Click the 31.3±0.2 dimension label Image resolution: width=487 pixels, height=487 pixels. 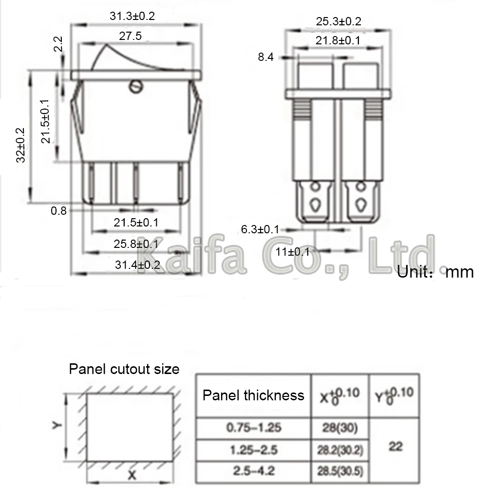point(132,16)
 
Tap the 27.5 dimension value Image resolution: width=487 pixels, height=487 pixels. point(130,36)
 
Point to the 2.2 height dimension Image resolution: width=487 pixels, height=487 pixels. point(58,44)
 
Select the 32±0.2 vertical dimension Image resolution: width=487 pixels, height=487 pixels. point(20,145)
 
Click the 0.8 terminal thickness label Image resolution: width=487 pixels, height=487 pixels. point(59,211)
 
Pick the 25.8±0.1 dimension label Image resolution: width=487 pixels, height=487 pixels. point(136,244)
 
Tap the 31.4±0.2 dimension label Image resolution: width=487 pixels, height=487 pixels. point(138,264)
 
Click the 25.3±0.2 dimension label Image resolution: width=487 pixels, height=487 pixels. point(338,21)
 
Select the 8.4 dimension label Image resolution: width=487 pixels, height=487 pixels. point(266,57)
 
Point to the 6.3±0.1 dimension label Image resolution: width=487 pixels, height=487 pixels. point(260,229)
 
